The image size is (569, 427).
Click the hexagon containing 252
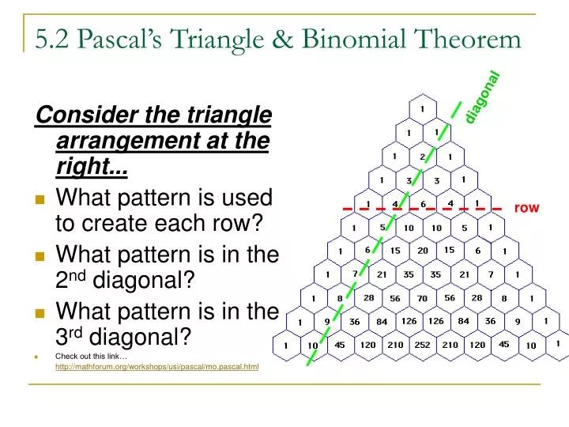click(x=422, y=346)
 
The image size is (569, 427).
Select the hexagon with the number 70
click(x=422, y=298)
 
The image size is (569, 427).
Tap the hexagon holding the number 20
click(x=422, y=251)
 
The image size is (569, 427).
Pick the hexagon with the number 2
click(x=422, y=156)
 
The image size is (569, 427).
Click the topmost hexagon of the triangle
click(x=422, y=108)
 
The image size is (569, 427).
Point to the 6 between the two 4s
click(x=422, y=203)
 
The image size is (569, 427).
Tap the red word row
click(x=526, y=208)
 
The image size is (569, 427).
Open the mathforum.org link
click(x=156, y=368)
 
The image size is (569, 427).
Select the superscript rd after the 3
click(x=76, y=332)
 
